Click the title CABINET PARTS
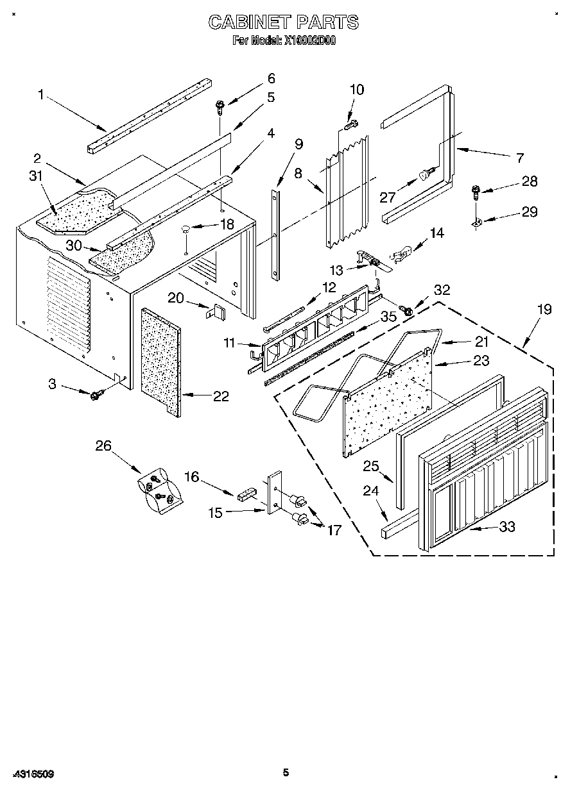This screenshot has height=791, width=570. [284, 22]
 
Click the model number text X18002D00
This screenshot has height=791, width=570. [311, 40]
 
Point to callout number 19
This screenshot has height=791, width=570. [544, 309]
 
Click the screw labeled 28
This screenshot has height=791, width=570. [476, 189]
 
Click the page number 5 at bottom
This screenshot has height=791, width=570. [286, 772]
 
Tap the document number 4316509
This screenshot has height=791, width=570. [32, 774]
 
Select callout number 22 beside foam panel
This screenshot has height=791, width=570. [221, 397]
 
